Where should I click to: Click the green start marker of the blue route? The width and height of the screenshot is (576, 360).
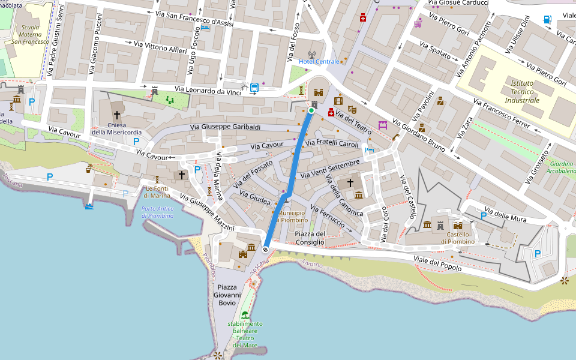coord(311,110)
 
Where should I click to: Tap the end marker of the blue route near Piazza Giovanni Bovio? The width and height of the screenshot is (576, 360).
coord(265,249)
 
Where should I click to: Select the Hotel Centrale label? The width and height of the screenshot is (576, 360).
coord(319,62)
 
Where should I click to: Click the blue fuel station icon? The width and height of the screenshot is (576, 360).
coord(547,19)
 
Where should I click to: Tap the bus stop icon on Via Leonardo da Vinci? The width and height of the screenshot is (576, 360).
coord(254,88)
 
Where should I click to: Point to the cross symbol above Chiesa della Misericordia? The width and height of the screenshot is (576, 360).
coord(116,114)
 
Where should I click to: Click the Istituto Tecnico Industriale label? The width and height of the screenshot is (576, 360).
coord(522,92)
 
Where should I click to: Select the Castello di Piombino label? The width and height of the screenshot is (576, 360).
coord(457,238)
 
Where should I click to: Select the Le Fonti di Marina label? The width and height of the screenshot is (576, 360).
coord(158,192)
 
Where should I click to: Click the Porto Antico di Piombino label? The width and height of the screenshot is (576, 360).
coord(157,212)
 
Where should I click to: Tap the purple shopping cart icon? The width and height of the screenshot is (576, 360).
coord(417,23)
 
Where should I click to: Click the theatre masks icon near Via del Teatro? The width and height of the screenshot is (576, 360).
coord(352,110)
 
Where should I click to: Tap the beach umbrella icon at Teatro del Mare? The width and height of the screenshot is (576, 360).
coord(245,315)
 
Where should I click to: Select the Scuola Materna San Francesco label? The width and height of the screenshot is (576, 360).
coord(31,34)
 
